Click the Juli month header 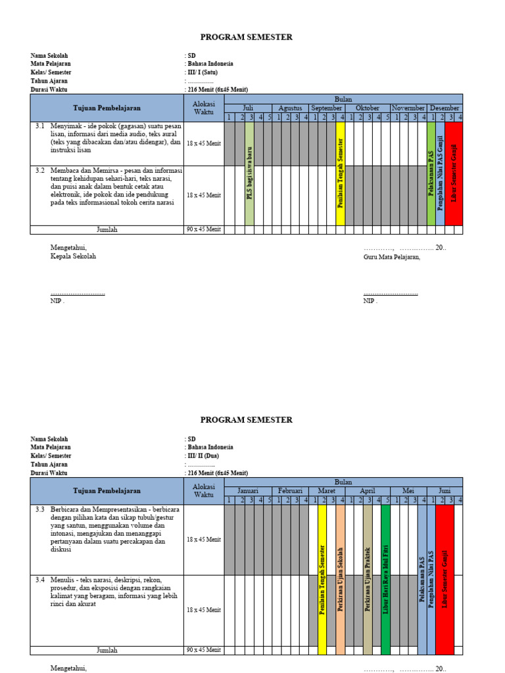pyautogui.click(x=248, y=108)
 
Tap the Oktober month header pyautogui.click(x=368, y=108)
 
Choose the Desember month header pyautogui.click(x=445, y=108)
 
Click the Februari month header pyautogui.click(x=289, y=491)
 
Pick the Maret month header pyautogui.click(x=327, y=491)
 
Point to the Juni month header pyautogui.click(x=445, y=491)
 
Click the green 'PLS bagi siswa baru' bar pyautogui.click(x=249, y=174)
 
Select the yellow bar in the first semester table pyautogui.click(x=340, y=174)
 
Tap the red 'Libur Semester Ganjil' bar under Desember pyautogui.click(x=454, y=174)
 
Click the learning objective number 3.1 pyautogui.click(x=39, y=125)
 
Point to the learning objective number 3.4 pyautogui.click(x=39, y=580)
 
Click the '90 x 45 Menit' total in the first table pyautogui.click(x=204, y=229)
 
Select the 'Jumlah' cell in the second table pyautogui.click(x=107, y=650)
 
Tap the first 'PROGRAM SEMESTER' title pyautogui.click(x=247, y=37)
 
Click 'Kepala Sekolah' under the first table pyautogui.click(x=73, y=256)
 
